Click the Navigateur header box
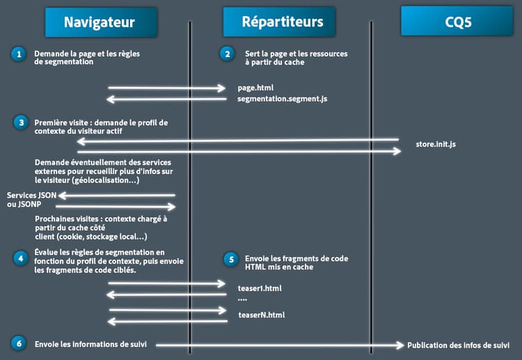99,22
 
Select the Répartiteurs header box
282,22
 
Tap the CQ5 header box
458,22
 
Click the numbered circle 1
18,54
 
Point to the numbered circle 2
227,54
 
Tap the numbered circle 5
230,258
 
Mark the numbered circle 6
18,343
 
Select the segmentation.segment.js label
282,99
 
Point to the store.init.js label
436,145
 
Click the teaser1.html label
260,287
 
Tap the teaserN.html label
261,315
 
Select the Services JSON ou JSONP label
31,199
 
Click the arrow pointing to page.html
167,88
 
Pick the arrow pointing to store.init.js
237,151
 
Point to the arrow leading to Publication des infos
278,345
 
